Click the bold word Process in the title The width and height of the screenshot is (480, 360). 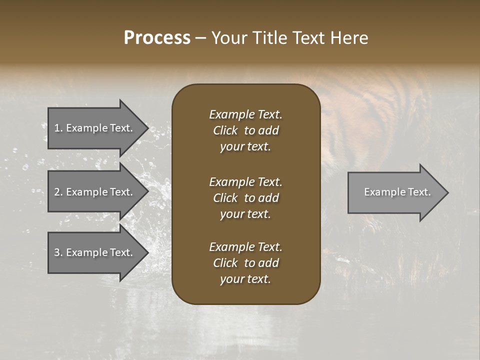pyautogui.click(x=157, y=38)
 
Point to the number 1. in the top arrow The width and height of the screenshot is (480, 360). pyautogui.click(x=58, y=128)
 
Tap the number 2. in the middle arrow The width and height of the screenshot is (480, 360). pyautogui.click(x=58, y=192)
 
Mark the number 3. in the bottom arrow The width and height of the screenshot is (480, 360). pyautogui.click(x=58, y=252)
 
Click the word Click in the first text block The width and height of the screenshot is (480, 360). pyautogui.click(x=225, y=130)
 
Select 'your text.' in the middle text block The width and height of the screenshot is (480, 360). pyautogui.click(x=245, y=214)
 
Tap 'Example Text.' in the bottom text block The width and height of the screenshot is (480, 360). pyautogui.click(x=245, y=247)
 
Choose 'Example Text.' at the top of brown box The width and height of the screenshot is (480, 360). pyautogui.click(x=245, y=114)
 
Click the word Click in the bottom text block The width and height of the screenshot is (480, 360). pyautogui.click(x=225, y=263)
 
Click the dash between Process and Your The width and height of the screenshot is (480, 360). pyautogui.click(x=200, y=38)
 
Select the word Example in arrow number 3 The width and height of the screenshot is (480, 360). pyautogui.click(x=87, y=252)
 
